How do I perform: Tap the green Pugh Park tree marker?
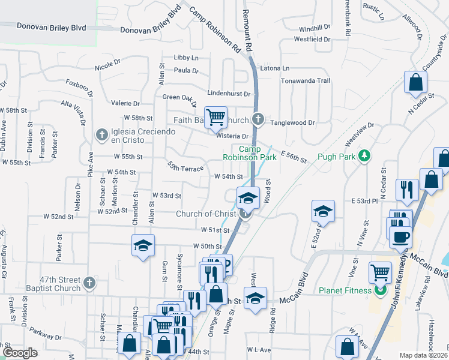(363, 156)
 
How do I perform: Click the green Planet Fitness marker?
(379, 292)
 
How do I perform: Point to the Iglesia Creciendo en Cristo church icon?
(101, 133)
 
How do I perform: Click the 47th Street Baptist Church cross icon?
(89, 281)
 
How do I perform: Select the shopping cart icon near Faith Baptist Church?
(215, 116)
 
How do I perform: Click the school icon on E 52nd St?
(323, 211)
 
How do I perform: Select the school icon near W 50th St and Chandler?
(143, 245)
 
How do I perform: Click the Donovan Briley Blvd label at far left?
(51, 27)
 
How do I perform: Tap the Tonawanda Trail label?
(306, 80)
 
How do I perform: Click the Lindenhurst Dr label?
(229, 94)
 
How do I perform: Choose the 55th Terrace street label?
(185, 167)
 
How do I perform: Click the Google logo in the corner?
(20, 352)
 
